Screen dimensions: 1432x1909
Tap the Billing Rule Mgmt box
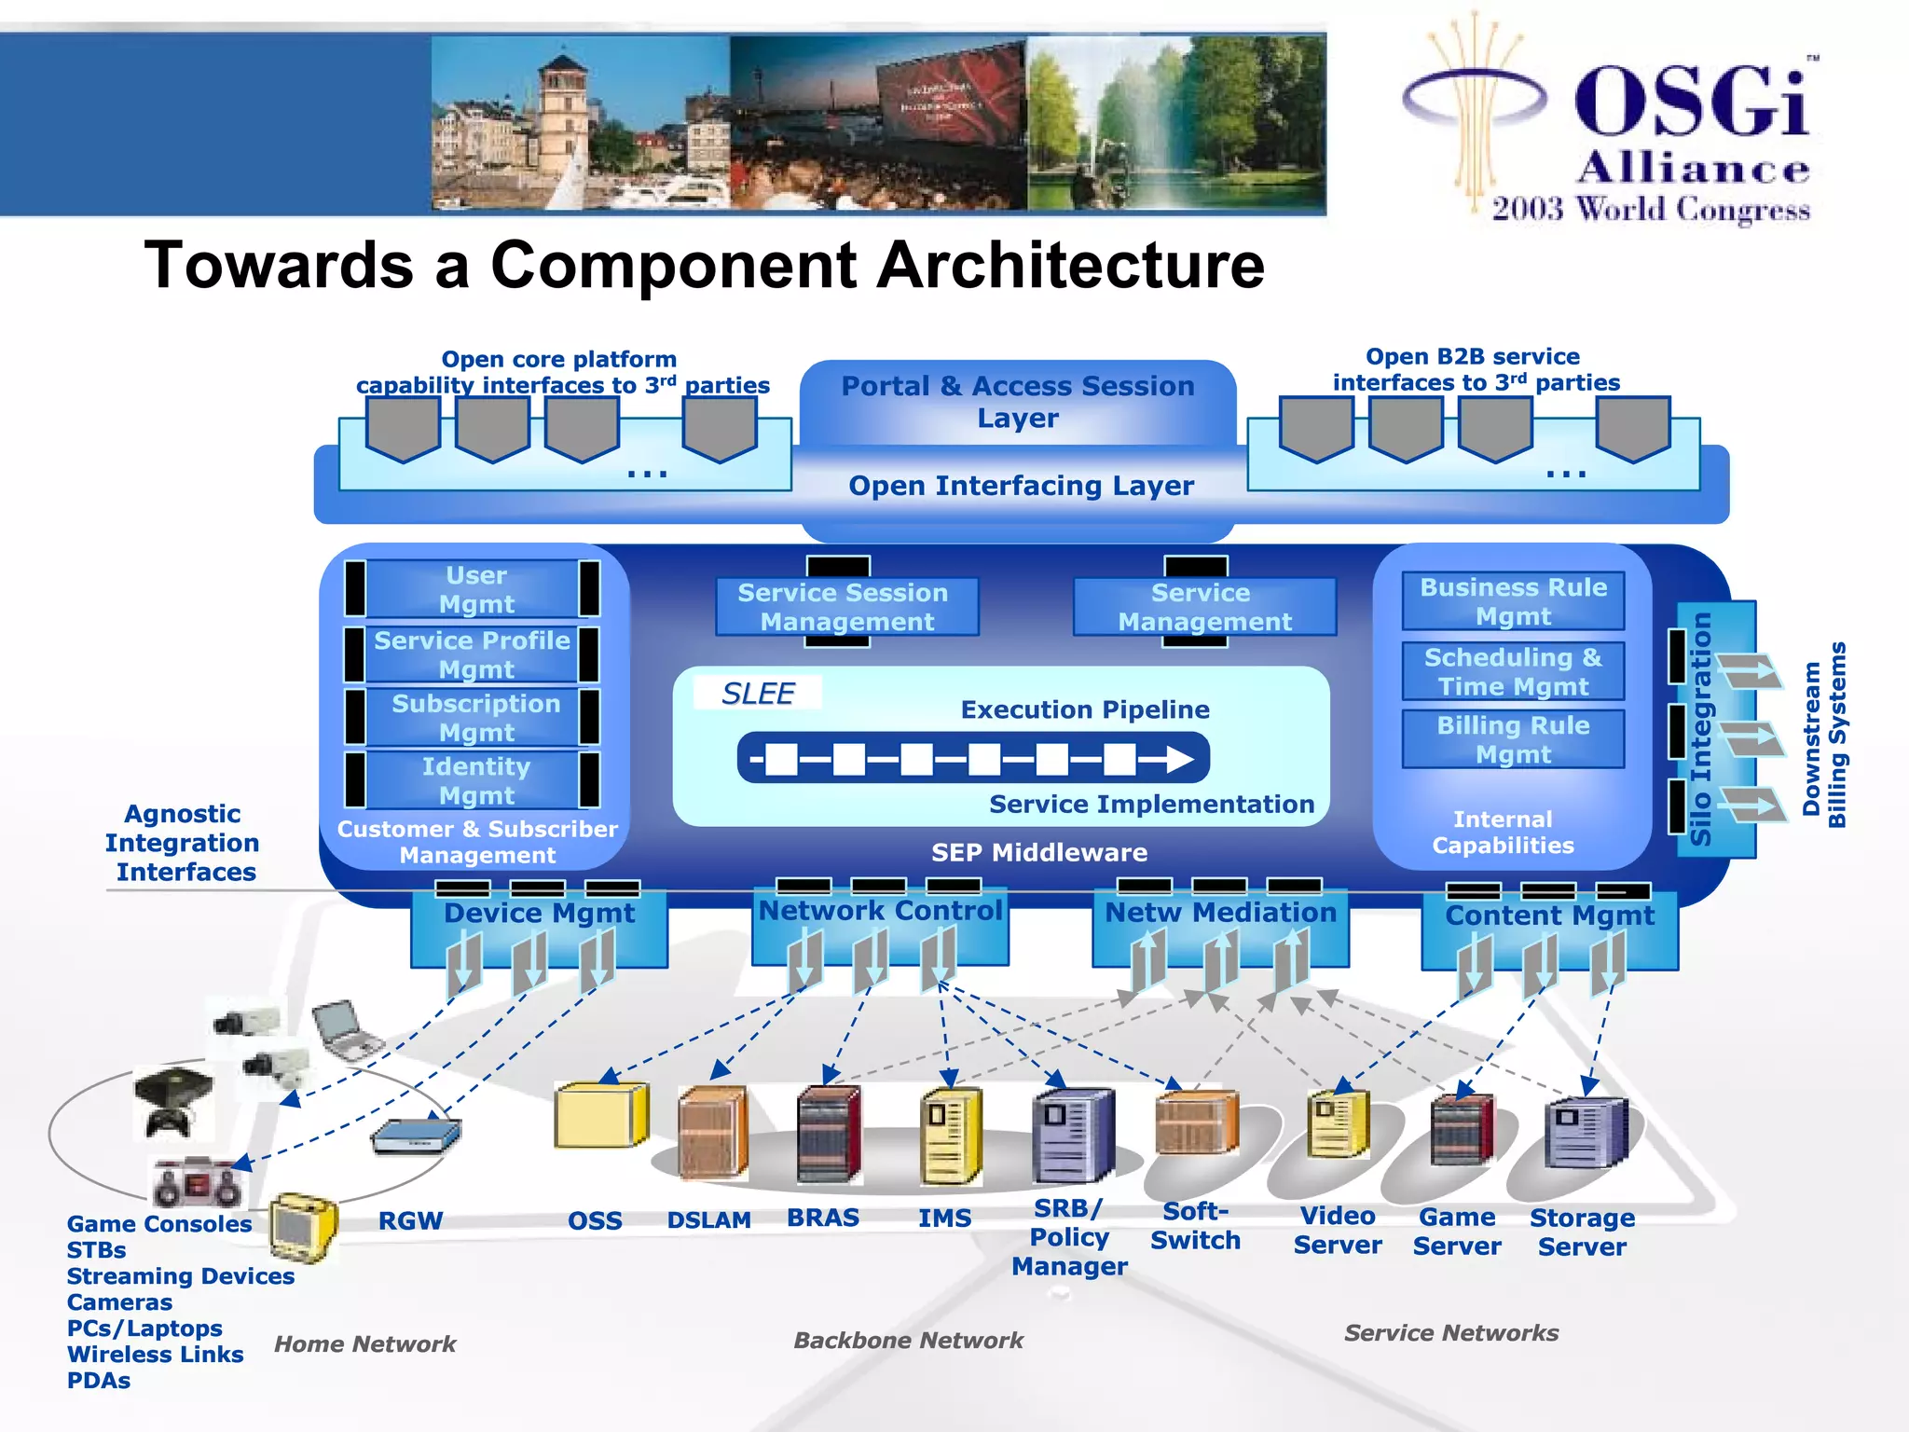1512,739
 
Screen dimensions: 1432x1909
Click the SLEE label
758,694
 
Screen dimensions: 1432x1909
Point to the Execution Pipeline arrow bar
972,759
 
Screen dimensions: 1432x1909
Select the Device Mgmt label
539,913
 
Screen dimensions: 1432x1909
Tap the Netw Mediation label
1220,912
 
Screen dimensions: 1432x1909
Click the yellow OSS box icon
600,1115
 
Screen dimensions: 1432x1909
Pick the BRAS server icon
829,1134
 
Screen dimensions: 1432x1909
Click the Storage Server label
1582,1232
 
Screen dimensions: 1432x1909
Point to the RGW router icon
416,1135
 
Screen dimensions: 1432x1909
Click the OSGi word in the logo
1692,102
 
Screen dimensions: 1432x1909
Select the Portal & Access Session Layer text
1018,401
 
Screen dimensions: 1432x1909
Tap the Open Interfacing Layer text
1021,486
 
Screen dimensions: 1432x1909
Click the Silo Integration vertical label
1700,728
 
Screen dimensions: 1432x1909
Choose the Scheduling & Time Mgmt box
1512,671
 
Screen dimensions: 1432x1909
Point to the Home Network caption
364,1343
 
